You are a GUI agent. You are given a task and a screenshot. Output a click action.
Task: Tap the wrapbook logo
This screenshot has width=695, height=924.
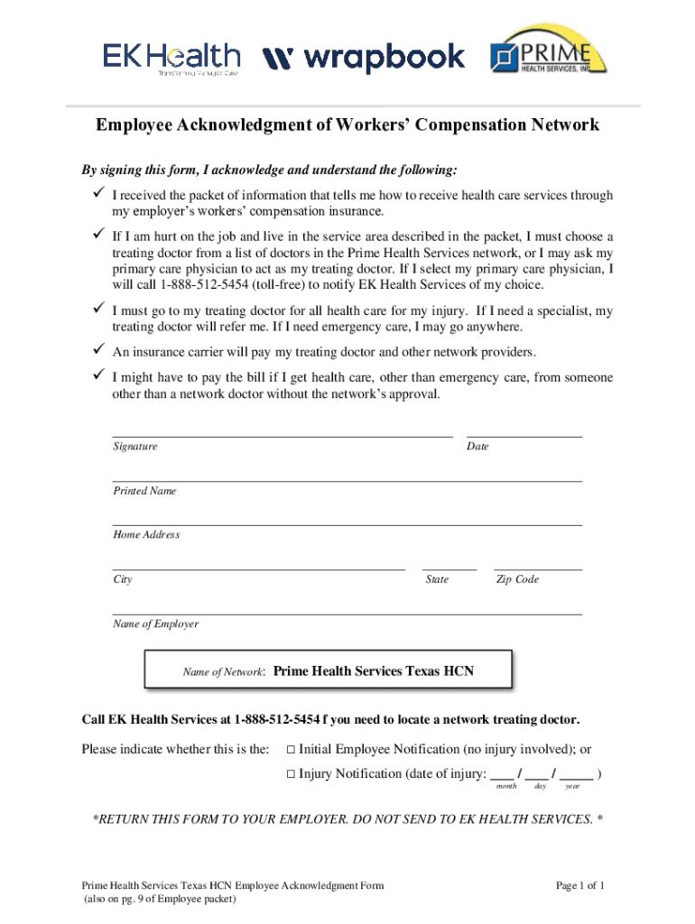click(x=363, y=60)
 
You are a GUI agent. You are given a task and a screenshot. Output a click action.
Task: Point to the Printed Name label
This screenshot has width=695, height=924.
click(x=144, y=491)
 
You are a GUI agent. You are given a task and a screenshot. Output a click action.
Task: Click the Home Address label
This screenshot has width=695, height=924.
click(x=146, y=535)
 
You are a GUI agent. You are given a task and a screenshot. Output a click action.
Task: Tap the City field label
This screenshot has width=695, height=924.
click(x=123, y=579)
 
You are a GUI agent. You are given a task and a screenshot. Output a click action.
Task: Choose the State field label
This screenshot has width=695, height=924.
click(x=437, y=579)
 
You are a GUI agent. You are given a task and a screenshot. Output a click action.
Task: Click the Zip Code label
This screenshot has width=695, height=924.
click(x=517, y=579)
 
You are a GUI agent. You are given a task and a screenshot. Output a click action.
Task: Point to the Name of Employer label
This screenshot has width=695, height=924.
click(x=155, y=624)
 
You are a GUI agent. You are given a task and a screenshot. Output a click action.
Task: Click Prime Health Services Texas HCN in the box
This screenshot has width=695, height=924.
click(x=373, y=671)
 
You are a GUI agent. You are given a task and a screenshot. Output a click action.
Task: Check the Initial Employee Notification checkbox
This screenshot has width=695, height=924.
click(x=290, y=749)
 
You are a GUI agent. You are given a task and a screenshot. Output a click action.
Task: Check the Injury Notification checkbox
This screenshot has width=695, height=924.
click(x=290, y=774)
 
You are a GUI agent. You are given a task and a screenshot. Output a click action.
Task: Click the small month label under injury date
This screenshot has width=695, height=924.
click(x=507, y=787)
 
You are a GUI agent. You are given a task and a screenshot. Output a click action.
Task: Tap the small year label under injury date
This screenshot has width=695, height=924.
click(x=572, y=787)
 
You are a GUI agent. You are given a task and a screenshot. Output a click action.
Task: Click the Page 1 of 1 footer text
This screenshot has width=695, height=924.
click(x=579, y=886)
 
